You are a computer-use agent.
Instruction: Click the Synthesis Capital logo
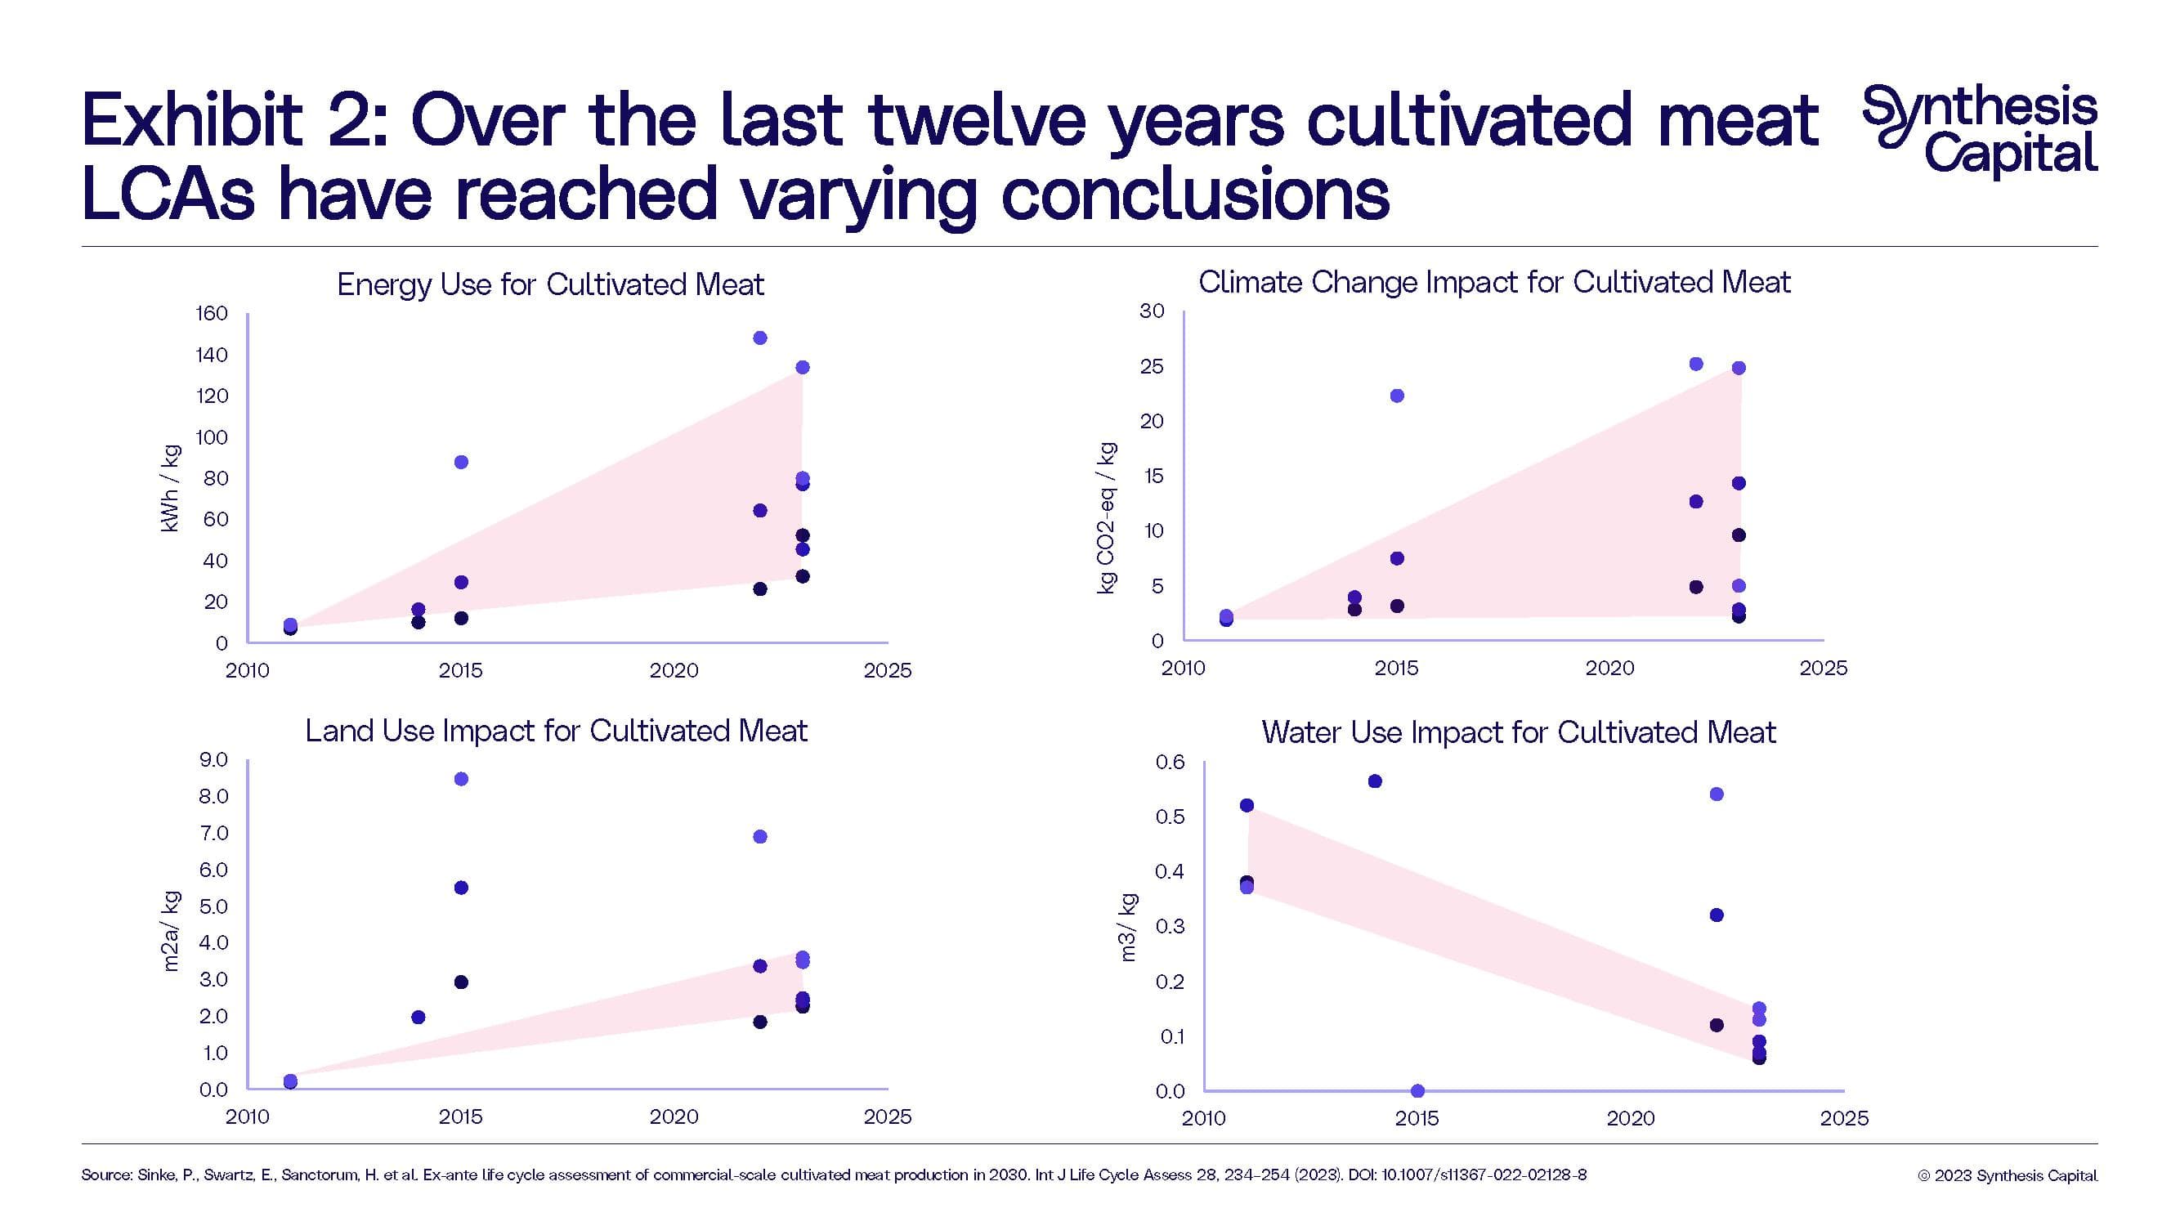click(1980, 130)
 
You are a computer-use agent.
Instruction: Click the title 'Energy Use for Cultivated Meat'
click(550, 284)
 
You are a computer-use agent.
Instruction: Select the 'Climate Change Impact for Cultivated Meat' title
click(1493, 283)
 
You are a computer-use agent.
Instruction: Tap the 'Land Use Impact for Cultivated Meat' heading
click(556, 731)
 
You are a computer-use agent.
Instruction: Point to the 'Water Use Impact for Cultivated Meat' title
click(1518, 732)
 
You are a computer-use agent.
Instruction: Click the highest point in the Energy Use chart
click(760, 338)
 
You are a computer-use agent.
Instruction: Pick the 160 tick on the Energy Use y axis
click(212, 314)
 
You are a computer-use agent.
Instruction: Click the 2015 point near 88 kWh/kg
click(461, 462)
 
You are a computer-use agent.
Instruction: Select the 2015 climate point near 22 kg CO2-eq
click(1397, 396)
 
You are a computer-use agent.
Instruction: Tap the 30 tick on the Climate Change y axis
click(1152, 311)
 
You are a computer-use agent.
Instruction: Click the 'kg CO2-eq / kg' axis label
click(1106, 518)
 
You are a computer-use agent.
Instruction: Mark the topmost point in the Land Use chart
click(461, 779)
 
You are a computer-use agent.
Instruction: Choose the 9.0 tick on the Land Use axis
click(213, 760)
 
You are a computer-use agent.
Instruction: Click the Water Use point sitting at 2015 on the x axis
click(1418, 1090)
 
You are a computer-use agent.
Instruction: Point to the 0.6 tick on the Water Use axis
click(1171, 763)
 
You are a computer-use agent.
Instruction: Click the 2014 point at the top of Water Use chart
click(1375, 781)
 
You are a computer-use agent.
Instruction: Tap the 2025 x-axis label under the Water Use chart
click(1844, 1119)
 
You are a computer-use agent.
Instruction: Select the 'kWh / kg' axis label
click(170, 488)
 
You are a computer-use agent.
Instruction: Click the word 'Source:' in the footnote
click(106, 1175)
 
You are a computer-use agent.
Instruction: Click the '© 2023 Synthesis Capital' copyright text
click(2008, 1175)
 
